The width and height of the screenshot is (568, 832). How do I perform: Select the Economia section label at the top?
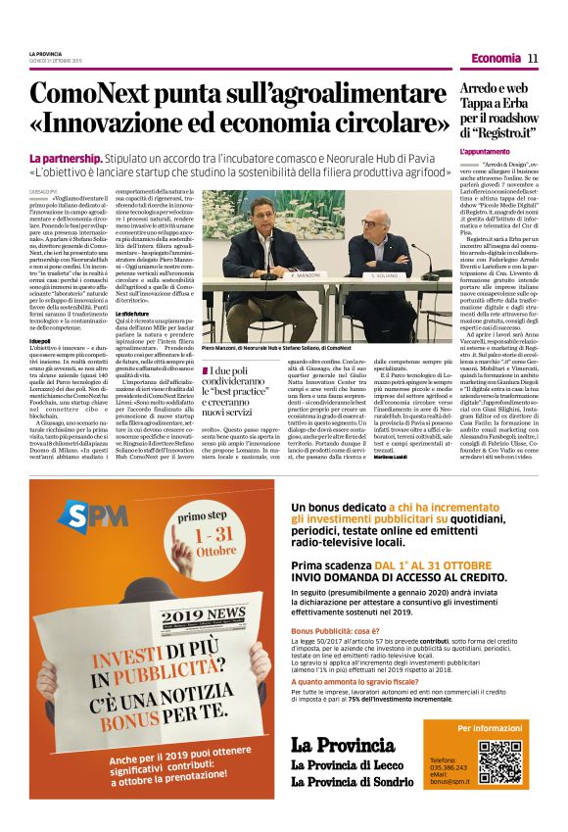point(495,59)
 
